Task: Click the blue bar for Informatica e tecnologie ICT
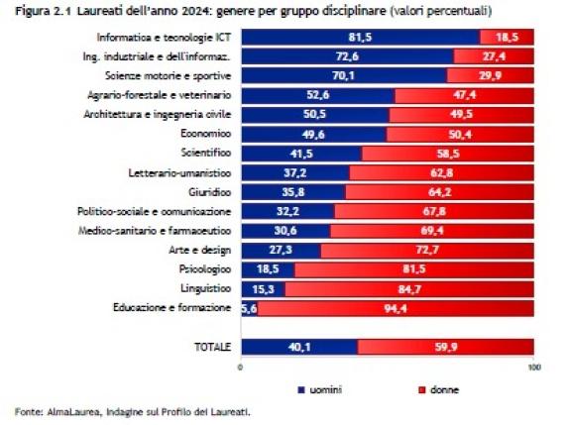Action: tap(359, 38)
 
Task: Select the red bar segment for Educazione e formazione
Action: tap(397, 309)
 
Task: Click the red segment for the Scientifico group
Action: tap(447, 154)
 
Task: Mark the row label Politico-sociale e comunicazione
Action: tap(155, 211)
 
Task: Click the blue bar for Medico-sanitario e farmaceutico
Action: tap(284, 231)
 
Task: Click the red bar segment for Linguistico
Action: tap(408, 289)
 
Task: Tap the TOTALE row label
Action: tap(212, 347)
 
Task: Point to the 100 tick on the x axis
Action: tap(533, 369)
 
